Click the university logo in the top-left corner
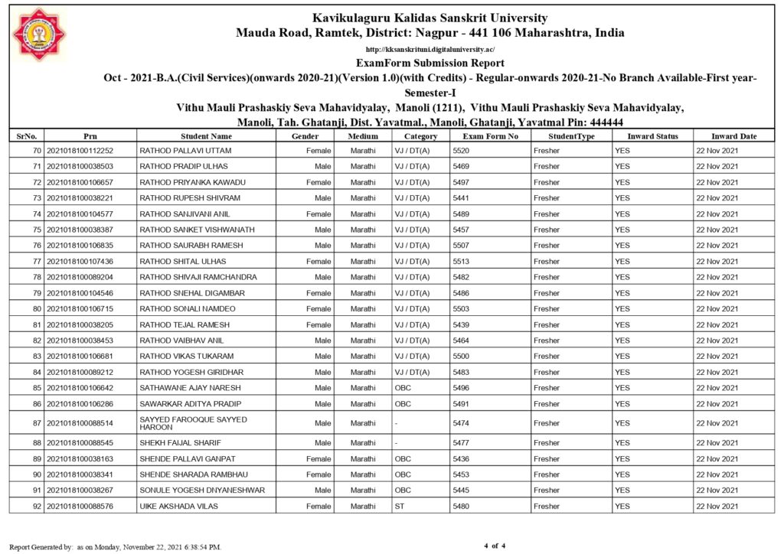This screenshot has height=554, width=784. click(x=40, y=34)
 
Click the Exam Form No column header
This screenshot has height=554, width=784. click(x=491, y=136)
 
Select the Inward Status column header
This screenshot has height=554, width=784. click(x=652, y=136)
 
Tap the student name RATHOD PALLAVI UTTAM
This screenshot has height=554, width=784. click(x=185, y=151)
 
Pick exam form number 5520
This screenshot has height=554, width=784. click(x=461, y=151)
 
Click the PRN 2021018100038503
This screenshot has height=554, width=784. click(x=80, y=166)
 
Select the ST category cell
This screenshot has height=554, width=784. click(x=400, y=507)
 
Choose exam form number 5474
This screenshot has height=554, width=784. click(x=461, y=423)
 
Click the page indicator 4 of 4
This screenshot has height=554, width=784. click(x=495, y=546)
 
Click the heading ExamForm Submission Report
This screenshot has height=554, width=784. click(x=430, y=64)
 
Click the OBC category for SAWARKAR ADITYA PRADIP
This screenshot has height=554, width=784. click(x=403, y=404)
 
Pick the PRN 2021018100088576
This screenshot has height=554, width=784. click(x=80, y=507)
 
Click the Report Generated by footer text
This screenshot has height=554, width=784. click(x=115, y=547)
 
